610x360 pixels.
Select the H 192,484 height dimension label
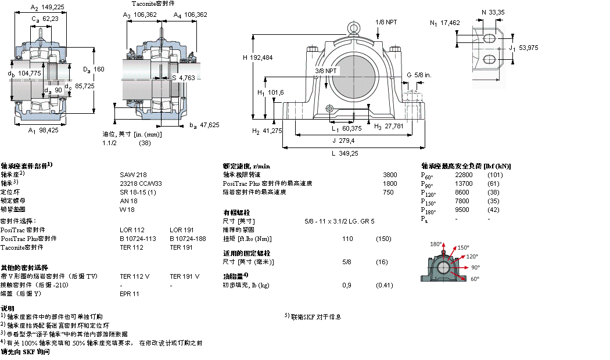(257, 57)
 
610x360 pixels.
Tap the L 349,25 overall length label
(345, 153)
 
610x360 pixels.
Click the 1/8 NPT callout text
(386, 21)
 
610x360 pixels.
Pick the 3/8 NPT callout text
(325, 71)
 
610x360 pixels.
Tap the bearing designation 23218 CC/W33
(138, 182)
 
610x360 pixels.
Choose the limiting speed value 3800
(390, 174)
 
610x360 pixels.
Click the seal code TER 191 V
(184, 276)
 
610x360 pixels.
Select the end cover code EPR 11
(129, 294)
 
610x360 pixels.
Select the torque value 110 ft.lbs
(347, 239)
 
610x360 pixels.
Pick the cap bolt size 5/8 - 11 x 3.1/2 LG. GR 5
(339, 221)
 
